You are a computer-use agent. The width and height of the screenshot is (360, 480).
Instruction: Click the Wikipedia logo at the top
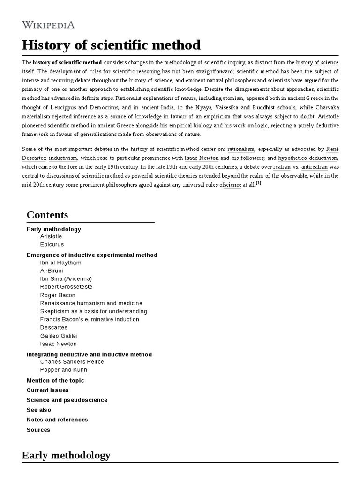click(48, 25)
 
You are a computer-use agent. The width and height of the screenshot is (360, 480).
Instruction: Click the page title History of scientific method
click(111, 45)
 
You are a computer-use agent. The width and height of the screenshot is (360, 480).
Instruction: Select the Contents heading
click(47, 215)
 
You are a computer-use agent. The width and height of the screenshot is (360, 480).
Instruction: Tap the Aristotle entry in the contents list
click(51, 236)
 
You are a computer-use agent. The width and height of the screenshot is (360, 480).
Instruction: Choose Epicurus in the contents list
click(52, 244)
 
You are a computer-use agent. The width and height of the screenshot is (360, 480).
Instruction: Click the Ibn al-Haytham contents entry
click(60, 263)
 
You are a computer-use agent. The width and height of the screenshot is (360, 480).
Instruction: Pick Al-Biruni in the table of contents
click(52, 271)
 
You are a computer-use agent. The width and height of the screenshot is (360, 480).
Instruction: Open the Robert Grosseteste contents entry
click(66, 287)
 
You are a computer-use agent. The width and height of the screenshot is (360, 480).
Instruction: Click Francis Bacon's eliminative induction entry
click(90, 319)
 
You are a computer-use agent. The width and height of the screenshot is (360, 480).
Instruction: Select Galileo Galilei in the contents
click(59, 336)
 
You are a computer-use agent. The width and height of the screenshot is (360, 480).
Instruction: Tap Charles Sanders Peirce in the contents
click(72, 362)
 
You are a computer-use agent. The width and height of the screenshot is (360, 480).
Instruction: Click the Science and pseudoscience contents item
click(67, 400)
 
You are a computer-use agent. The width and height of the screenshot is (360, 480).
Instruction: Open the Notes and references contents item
click(57, 420)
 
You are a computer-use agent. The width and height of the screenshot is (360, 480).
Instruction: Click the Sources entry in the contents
click(38, 430)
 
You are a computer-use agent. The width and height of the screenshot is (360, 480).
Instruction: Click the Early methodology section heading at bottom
click(66, 455)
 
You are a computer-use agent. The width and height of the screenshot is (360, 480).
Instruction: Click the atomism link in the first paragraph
click(232, 99)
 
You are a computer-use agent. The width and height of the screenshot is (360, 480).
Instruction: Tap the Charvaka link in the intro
click(327, 107)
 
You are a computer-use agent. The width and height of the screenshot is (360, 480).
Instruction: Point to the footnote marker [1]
click(258, 183)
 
